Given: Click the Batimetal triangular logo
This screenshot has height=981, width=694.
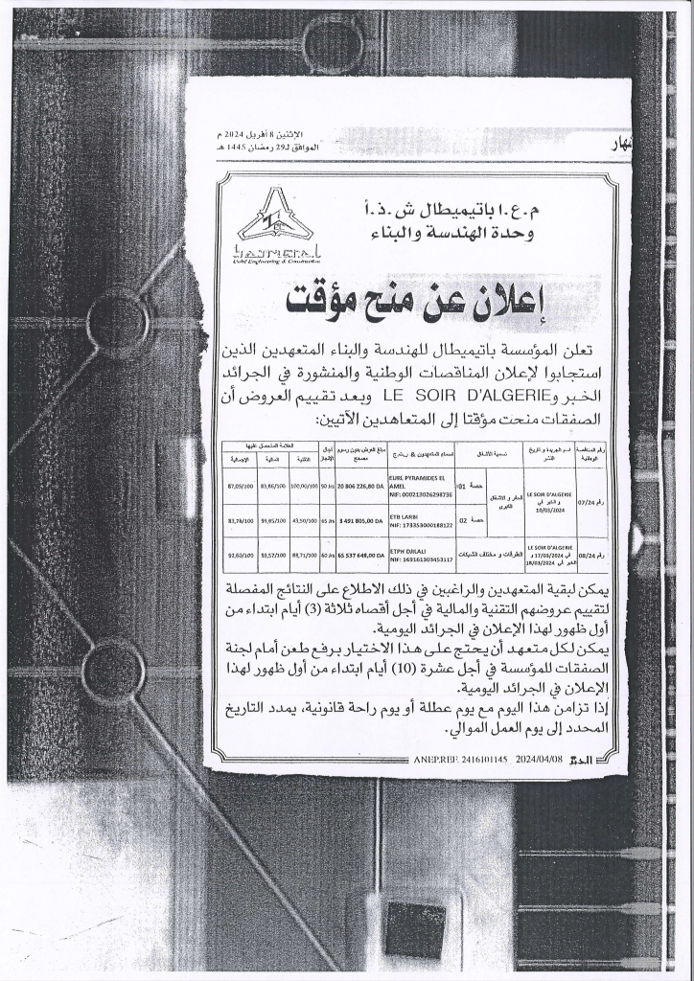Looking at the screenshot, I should tap(274, 220).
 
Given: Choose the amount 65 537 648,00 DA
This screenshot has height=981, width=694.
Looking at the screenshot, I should tap(358, 553).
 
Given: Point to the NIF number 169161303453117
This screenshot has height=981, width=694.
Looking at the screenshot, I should tap(424, 558).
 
